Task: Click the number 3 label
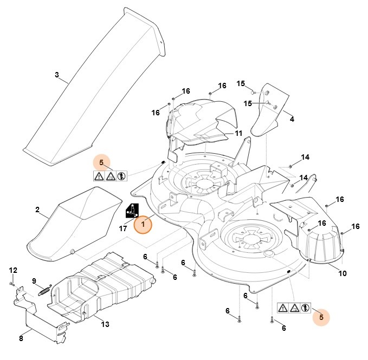click(x=57, y=75)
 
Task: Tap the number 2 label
click(x=37, y=210)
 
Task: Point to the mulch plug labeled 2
click(x=76, y=222)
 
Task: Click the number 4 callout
click(x=292, y=119)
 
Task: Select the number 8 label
click(x=21, y=338)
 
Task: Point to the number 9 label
click(x=34, y=280)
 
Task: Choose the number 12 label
click(x=14, y=270)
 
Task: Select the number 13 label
click(x=105, y=324)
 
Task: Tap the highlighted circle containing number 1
click(x=144, y=224)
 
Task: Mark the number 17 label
click(x=123, y=228)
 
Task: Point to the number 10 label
click(x=343, y=273)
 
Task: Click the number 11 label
click(x=238, y=134)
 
